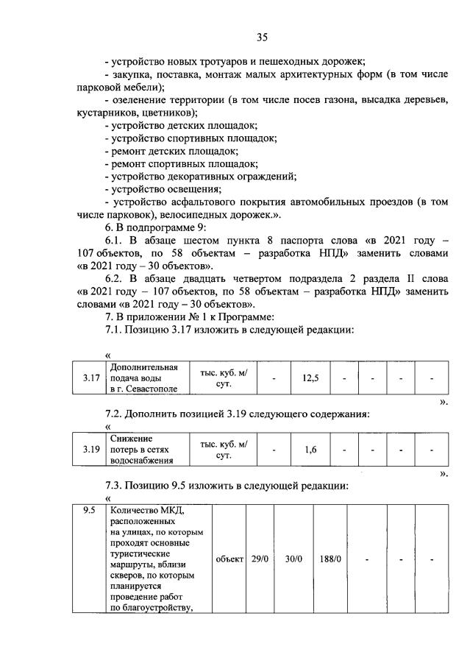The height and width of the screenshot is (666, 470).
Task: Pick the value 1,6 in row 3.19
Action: pyautogui.click(x=310, y=450)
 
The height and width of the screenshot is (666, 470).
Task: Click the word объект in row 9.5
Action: pyautogui.click(x=229, y=559)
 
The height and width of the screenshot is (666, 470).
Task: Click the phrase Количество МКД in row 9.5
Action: pyautogui.click(x=150, y=512)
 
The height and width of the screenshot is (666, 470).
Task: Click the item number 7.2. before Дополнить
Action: pyautogui.click(x=118, y=414)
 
